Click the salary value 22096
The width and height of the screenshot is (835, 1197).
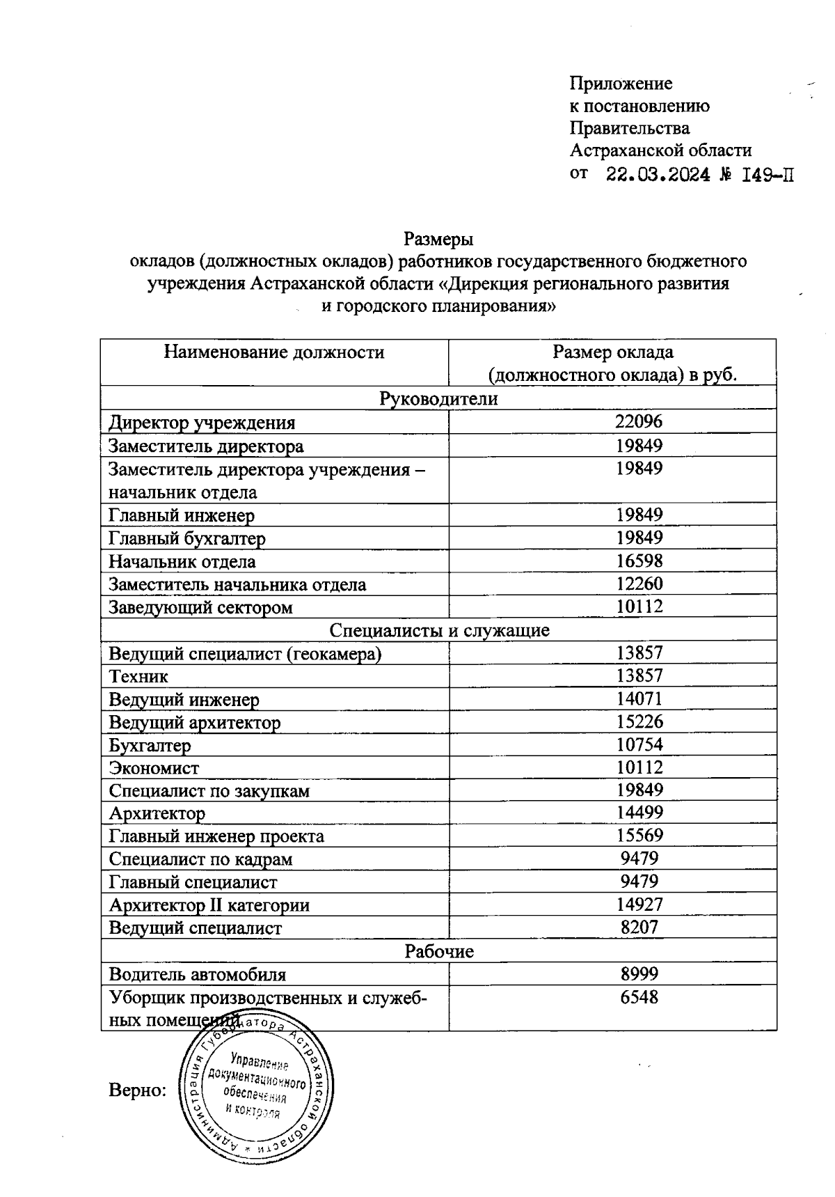[x=639, y=421]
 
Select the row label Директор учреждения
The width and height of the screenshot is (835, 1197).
[x=202, y=423]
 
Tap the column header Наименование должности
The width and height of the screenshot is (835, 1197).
[x=274, y=352]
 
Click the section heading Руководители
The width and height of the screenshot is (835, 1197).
[x=438, y=398]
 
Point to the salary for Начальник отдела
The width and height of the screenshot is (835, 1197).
[x=639, y=561]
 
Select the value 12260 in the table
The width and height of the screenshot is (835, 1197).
[x=639, y=584]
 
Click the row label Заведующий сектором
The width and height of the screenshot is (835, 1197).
[x=200, y=607]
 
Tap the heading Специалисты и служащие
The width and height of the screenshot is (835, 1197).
[x=438, y=630]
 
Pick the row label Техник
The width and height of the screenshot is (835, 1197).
[x=138, y=676]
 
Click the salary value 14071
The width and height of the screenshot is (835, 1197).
[x=639, y=698]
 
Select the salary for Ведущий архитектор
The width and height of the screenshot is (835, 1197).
[x=639, y=721]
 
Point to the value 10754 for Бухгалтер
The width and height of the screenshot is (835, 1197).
[x=639, y=744]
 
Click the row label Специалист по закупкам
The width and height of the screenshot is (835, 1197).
[x=209, y=791]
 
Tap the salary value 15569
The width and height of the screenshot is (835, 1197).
[x=639, y=835]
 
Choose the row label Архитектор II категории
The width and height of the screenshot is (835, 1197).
[x=209, y=905]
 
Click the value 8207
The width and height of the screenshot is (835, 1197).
[x=639, y=927]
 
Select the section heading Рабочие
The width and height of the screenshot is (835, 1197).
[x=438, y=950]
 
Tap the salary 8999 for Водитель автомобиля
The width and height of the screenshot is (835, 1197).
[x=639, y=973]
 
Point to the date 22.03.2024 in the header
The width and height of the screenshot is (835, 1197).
[x=658, y=174]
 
